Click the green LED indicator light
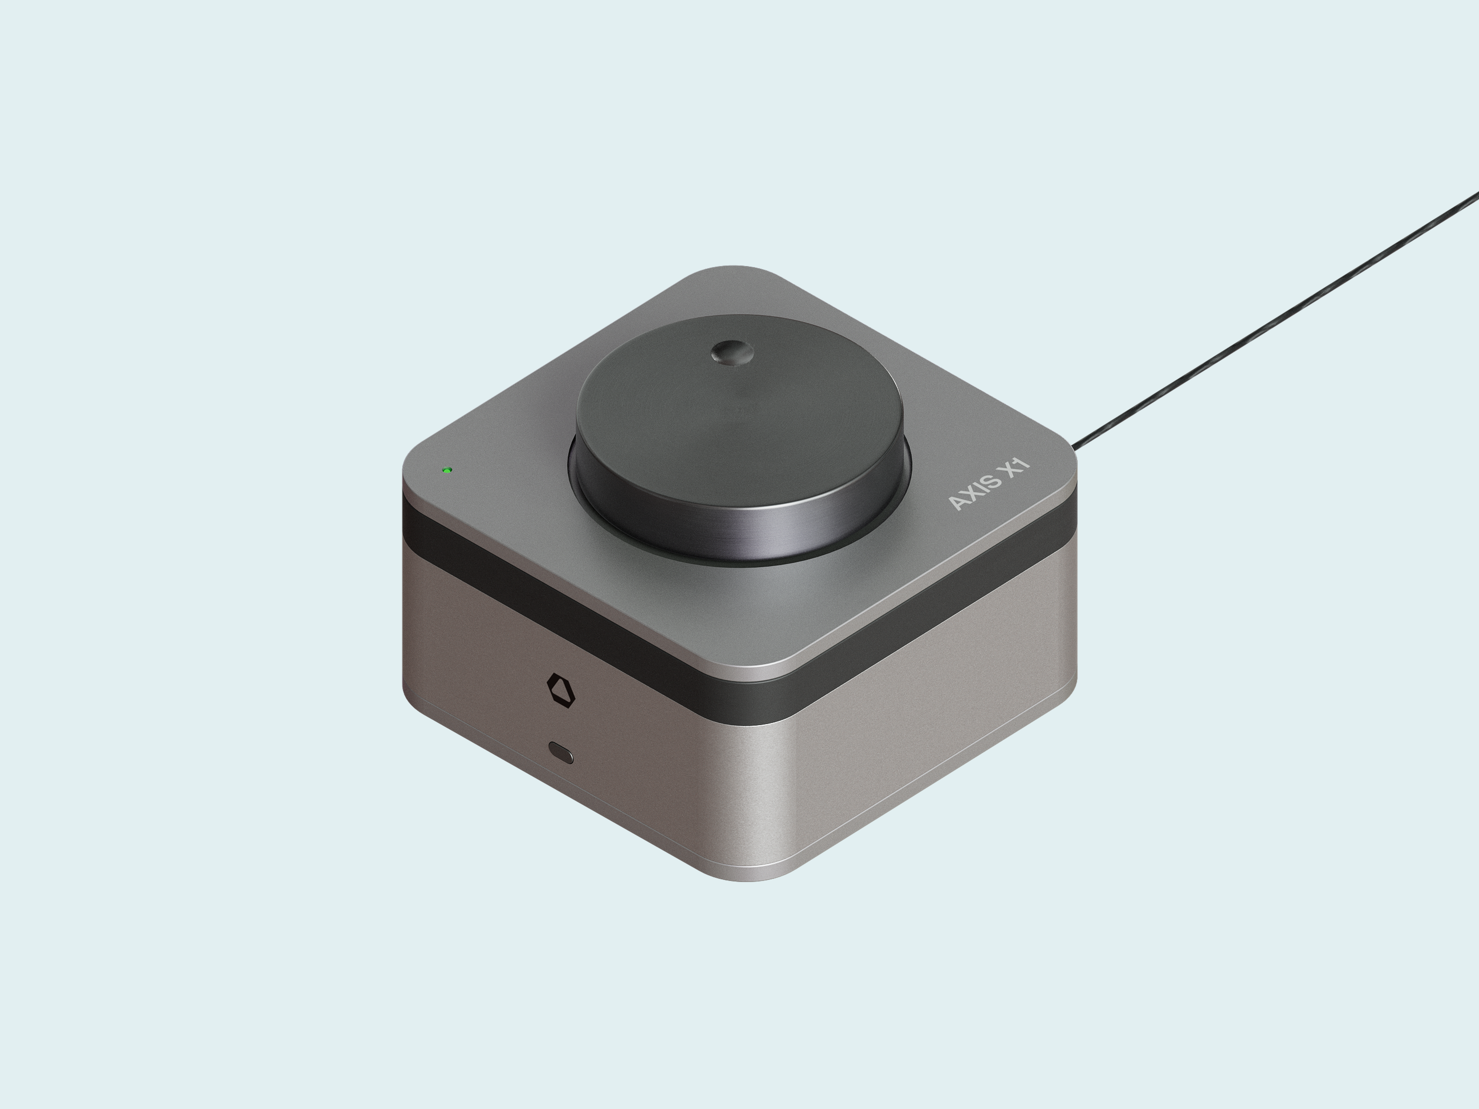pyautogui.click(x=447, y=470)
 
